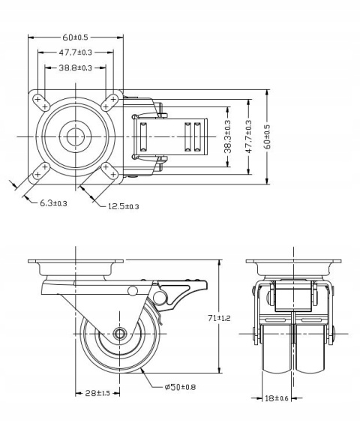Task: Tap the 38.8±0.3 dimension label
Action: (x=75, y=68)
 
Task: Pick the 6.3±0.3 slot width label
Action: (x=53, y=203)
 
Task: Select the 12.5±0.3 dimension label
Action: (x=123, y=206)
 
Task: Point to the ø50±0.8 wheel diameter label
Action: (x=181, y=388)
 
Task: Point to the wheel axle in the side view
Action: (x=119, y=334)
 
